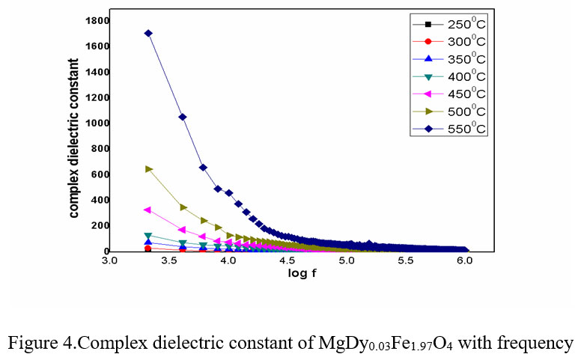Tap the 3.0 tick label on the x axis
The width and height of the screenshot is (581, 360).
point(109,262)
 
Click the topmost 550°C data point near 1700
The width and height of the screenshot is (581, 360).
point(148,33)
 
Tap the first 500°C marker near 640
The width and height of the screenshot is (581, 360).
point(148,169)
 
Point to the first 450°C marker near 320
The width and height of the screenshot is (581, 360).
point(147,210)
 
